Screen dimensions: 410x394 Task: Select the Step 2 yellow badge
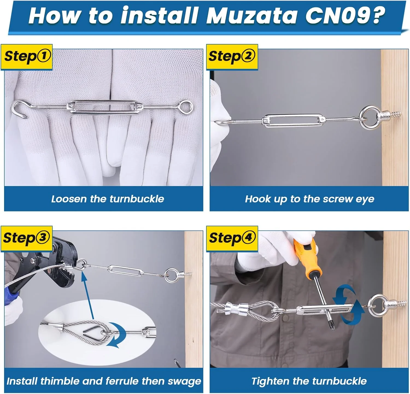pyautogui.click(x=232, y=57)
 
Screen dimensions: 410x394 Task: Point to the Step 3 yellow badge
pyautogui.click(x=26, y=238)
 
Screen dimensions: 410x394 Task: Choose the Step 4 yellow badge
pyautogui.click(x=232, y=238)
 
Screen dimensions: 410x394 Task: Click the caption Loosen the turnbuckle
pyautogui.click(x=107, y=199)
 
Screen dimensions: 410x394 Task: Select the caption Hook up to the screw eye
pyautogui.click(x=309, y=199)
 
